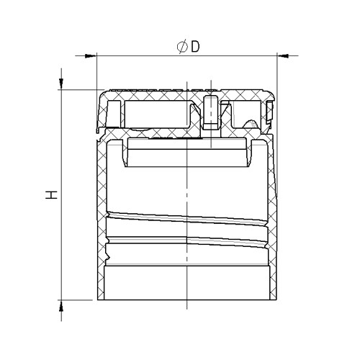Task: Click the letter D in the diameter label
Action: tap(195, 47)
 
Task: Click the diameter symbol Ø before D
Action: tap(182, 47)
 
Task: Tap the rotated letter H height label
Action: tap(52, 195)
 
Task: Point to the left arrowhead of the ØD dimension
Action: tap(91, 56)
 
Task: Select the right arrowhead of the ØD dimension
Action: tap(283, 56)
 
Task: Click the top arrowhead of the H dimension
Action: tap(61, 84)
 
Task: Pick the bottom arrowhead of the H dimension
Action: tap(61, 306)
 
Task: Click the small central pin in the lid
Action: tap(211, 112)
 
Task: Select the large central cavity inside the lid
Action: tap(157, 114)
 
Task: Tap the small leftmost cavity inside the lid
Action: tap(114, 114)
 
